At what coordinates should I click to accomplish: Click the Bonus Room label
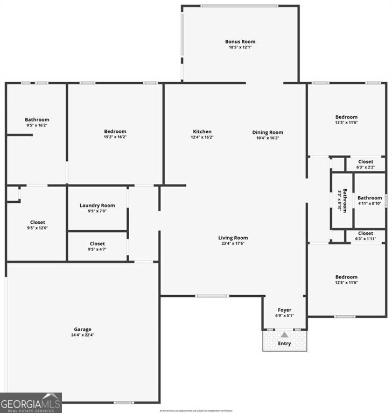pos(240,41)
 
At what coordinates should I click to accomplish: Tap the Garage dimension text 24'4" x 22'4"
pos(82,335)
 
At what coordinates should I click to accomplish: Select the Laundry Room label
pos(97,205)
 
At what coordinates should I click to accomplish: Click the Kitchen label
pos(202,132)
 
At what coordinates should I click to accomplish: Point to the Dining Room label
pos(268,132)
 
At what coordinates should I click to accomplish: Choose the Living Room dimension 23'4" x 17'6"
pos(233,244)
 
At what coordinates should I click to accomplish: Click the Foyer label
pos(284,310)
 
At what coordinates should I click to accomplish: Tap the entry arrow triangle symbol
pos(284,334)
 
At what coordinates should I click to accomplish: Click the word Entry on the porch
pos(284,344)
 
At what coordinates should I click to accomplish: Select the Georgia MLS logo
pos(31,402)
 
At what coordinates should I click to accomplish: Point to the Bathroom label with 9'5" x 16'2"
pos(37,120)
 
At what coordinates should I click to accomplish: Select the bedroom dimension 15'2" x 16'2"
pos(115,137)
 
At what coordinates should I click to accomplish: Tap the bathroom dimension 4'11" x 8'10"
pos(370,203)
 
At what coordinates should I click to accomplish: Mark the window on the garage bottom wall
pos(124,402)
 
